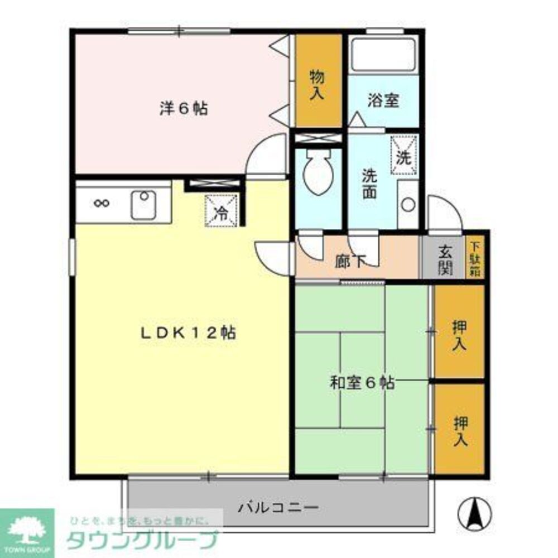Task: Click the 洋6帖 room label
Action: (x=184, y=108)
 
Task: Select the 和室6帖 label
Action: (x=362, y=383)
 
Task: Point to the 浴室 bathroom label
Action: (x=383, y=101)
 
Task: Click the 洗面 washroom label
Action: (x=369, y=184)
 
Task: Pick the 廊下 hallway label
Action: (x=350, y=261)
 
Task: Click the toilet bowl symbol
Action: (x=319, y=173)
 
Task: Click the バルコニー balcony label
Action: (x=278, y=508)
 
